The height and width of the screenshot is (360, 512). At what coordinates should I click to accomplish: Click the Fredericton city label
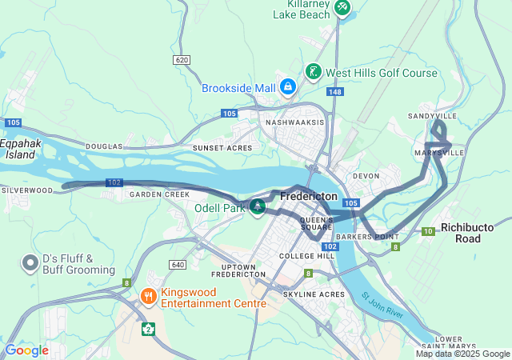tap(308, 195)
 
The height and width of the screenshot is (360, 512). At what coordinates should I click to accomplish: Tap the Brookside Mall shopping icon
tap(287, 86)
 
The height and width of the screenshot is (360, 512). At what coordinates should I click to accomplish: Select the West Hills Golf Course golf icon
tap(313, 72)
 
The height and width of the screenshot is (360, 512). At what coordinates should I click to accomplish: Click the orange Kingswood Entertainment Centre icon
tap(148, 297)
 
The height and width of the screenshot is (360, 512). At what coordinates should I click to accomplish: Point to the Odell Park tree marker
tap(258, 208)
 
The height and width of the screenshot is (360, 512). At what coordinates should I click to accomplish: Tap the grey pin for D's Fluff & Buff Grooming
tap(30, 262)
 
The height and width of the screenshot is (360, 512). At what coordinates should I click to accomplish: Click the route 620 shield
tap(181, 60)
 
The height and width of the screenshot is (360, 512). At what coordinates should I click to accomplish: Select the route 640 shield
tap(178, 265)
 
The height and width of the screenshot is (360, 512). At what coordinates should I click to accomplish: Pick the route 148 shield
tap(334, 92)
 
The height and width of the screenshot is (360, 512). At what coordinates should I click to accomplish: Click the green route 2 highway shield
tap(148, 328)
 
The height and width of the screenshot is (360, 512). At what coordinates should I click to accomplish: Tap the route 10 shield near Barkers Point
tap(429, 231)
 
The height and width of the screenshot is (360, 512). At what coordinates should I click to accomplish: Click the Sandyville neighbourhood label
tap(433, 116)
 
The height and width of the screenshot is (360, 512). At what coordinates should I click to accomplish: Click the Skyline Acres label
tap(314, 294)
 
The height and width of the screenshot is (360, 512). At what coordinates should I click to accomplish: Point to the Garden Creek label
tap(160, 194)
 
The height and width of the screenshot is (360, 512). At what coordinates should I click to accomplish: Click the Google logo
tap(27, 350)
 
